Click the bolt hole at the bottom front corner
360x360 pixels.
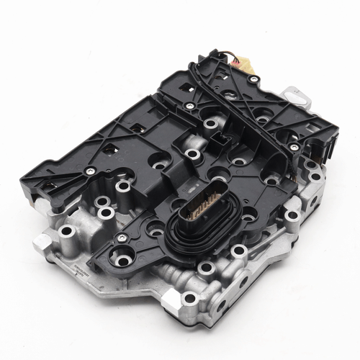point(189,297)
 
